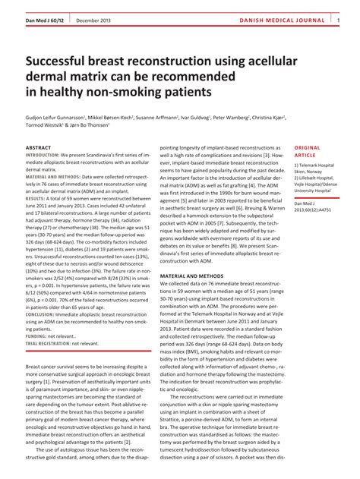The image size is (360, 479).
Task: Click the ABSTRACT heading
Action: coord(39,147)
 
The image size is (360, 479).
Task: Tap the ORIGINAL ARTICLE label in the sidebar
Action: coord(308,151)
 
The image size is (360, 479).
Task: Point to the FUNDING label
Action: coord(36,336)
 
